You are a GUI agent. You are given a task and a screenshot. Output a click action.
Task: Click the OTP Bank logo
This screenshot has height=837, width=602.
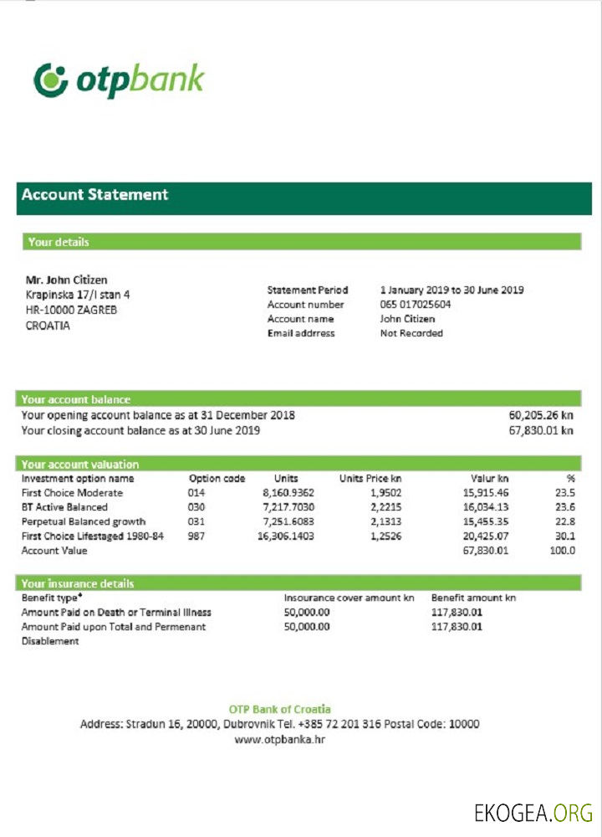coord(119,80)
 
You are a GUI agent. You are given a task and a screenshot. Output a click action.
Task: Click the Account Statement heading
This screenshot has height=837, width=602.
coord(94,194)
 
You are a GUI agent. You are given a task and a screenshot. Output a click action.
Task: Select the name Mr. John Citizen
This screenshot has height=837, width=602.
coord(67,280)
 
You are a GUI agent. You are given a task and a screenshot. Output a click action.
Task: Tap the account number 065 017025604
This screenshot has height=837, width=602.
coord(416,305)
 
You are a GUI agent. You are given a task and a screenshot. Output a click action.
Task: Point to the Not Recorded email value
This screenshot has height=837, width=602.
coord(411,333)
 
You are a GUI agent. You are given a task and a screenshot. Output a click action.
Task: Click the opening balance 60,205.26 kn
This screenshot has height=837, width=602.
coord(541,415)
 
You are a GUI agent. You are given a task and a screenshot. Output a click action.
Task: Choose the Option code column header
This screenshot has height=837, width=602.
coord(217,479)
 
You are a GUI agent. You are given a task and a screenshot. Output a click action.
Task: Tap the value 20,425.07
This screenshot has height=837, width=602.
coord(485,536)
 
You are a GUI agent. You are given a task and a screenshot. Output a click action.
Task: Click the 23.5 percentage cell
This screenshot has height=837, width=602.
coord(565,493)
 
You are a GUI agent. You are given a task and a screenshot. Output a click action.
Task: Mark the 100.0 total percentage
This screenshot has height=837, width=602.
coord(562,551)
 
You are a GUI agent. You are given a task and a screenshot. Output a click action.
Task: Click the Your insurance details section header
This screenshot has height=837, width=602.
coord(78,583)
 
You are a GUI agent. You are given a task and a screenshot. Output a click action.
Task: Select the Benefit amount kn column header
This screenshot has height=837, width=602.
coord(473,598)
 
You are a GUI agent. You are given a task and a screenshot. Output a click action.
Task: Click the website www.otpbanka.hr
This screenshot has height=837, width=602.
coord(279,740)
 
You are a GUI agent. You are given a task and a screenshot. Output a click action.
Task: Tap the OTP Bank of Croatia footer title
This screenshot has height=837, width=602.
coord(279,710)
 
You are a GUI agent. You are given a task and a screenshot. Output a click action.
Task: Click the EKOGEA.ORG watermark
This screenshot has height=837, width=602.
coord(533,812)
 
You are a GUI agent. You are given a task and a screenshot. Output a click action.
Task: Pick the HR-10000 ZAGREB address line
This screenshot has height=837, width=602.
coord(71,310)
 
